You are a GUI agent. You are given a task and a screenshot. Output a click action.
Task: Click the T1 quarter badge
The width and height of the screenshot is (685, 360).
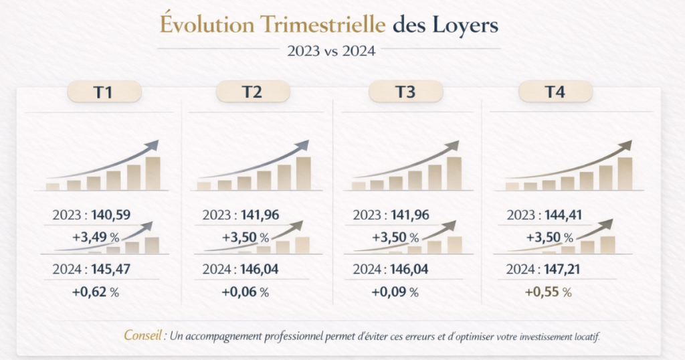pyautogui.click(x=104, y=92)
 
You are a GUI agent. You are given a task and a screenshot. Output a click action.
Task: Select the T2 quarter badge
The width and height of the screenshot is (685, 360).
pyautogui.click(x=252, y=92)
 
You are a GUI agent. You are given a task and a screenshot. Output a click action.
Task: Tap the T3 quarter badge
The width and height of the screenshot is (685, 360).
pyautogui.click(x=405, y=92)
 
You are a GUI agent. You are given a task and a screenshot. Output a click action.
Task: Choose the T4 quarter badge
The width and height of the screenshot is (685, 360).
pyautogui.click(x=555, y=92)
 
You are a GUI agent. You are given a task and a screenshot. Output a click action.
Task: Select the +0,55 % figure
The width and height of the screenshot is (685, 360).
pyautogui.click(x=549, y=292)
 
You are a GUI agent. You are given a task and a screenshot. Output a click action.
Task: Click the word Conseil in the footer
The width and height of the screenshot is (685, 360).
pyautogui.click(x=144, y=335)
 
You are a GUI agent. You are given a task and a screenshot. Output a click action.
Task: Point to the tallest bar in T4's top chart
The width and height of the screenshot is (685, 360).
pyautogui.click(x=625, y=174)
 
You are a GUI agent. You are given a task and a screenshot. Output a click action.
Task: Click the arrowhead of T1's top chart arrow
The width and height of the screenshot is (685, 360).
pyautogui.click(x=154, y=145)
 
